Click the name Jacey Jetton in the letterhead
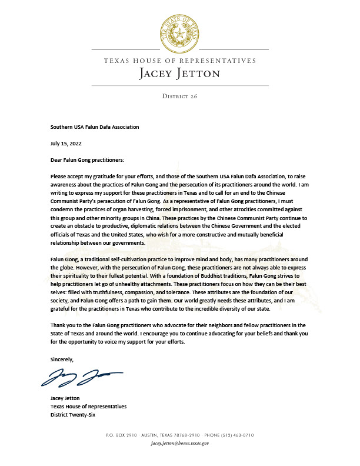(x=179, y=74)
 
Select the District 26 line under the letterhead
(x=179, y=95)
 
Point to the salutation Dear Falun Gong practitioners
(x=88, y=158)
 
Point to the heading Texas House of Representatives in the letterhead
(x=179, y=61)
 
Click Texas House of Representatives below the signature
(x=88, y=407)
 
